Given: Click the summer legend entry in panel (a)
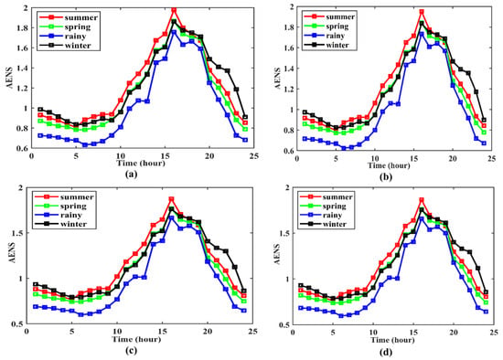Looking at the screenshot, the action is (68, 17).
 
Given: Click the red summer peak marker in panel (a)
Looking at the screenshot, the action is (174, 10).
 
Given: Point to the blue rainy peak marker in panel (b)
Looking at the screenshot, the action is (422, 34).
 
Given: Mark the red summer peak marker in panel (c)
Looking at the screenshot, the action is (171, 199).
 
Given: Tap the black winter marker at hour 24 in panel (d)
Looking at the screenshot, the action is (486, 292).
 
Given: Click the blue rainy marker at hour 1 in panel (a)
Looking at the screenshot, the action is (40, 135).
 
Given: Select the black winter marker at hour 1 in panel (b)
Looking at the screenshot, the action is (305, 112).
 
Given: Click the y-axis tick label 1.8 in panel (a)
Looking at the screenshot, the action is (22, 27).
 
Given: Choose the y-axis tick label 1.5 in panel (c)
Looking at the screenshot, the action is (18, 233).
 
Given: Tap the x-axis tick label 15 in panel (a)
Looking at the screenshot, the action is (166, 155).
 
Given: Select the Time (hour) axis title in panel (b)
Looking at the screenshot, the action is (389, 165).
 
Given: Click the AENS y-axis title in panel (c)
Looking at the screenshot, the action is (12, 253).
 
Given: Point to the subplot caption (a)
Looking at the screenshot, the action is (132, 175).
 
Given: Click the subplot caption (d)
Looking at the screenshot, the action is (386, 352).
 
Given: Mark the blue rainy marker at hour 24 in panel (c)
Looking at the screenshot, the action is (244, 311).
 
